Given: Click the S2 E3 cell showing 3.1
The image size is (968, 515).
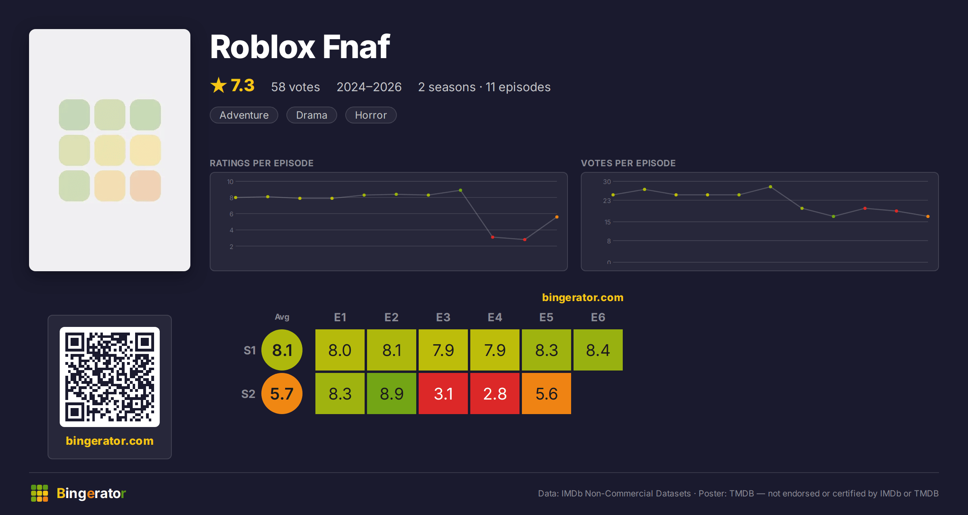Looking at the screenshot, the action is click(443, 394).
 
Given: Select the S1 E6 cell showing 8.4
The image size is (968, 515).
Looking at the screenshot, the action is click(598, 350).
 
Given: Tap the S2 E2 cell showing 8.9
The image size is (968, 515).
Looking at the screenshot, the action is click(391, 394).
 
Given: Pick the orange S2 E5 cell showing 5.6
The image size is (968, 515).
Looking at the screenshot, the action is click(546, 394).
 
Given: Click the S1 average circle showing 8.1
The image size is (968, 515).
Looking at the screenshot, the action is click(282, 350).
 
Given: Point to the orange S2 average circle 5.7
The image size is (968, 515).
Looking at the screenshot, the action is click(282, 394).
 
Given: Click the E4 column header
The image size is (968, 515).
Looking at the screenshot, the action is click(494, 317).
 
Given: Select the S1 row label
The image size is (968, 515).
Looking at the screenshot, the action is click(250, 350).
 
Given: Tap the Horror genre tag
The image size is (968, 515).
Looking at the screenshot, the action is click(371, 115).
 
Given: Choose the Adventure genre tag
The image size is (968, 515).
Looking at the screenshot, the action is click(244, 115).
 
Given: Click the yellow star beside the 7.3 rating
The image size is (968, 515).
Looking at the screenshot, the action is click(219, 85).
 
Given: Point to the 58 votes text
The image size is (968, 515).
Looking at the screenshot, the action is click(295, 87).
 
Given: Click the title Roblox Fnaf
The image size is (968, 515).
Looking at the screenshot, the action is click(300, 47).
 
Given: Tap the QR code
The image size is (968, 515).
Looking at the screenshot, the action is click(110, 377).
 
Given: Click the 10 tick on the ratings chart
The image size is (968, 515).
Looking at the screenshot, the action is click(230, 182).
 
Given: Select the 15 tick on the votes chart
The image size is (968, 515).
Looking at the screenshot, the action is click(607, 222).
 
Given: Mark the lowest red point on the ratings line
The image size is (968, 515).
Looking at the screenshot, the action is click(525, 240).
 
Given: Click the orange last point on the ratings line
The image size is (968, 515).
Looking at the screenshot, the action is click(557, 217).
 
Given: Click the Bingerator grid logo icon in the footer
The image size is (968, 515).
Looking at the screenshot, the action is click(40, 493).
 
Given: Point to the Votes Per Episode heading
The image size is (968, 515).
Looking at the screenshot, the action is click(628, 163).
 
